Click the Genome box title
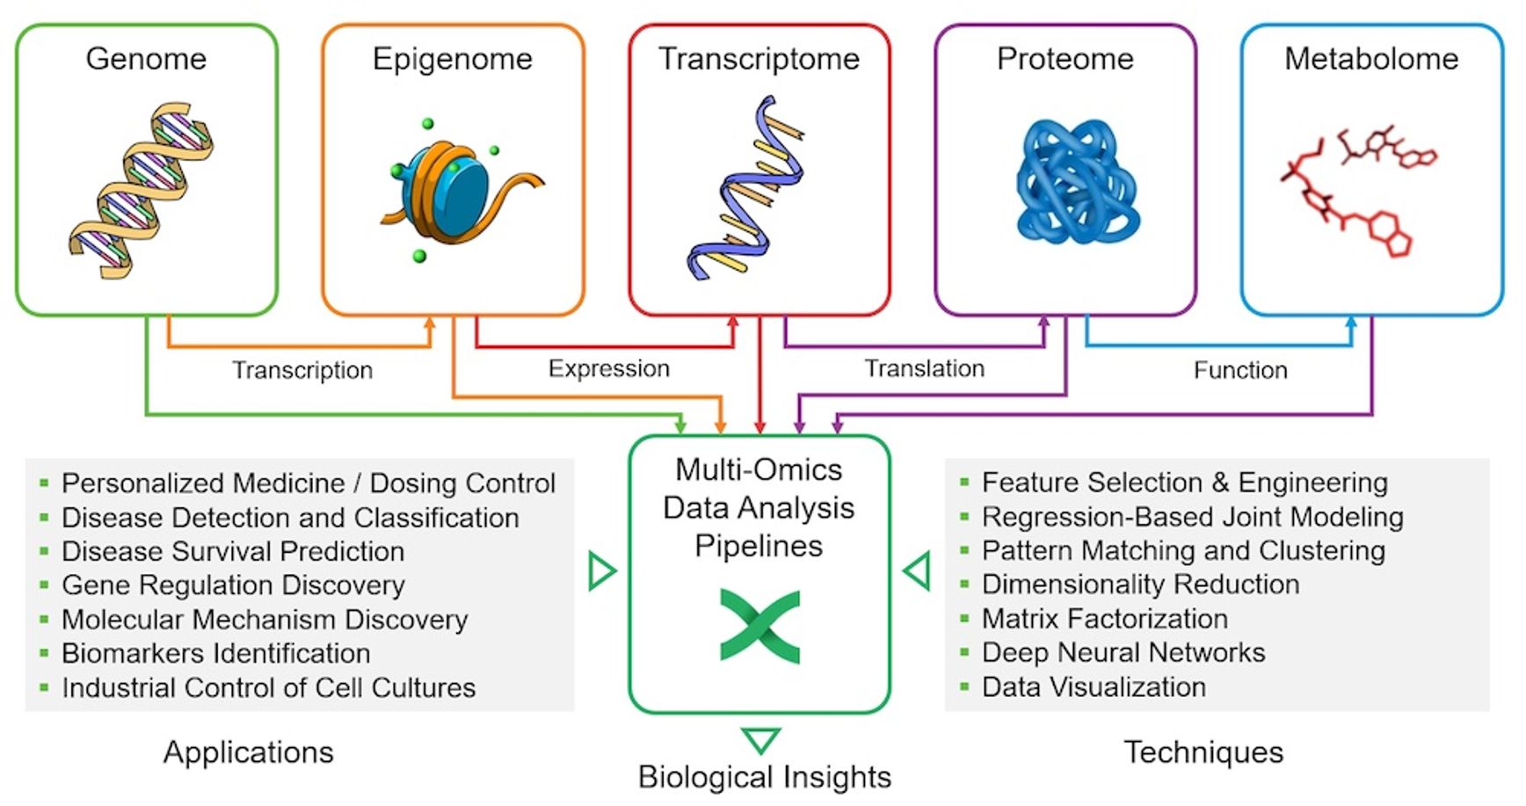146,59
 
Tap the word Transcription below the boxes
302,370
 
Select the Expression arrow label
609,368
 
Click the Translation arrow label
924,368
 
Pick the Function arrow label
1240,370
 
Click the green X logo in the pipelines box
759,626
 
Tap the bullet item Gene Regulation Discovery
233,585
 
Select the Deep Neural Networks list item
1123,652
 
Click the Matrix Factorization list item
1104,619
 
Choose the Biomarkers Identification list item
215,653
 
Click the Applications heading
249,752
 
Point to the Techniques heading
1203,752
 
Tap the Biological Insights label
764,777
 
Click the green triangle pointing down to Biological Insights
760,739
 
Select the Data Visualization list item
1094,686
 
